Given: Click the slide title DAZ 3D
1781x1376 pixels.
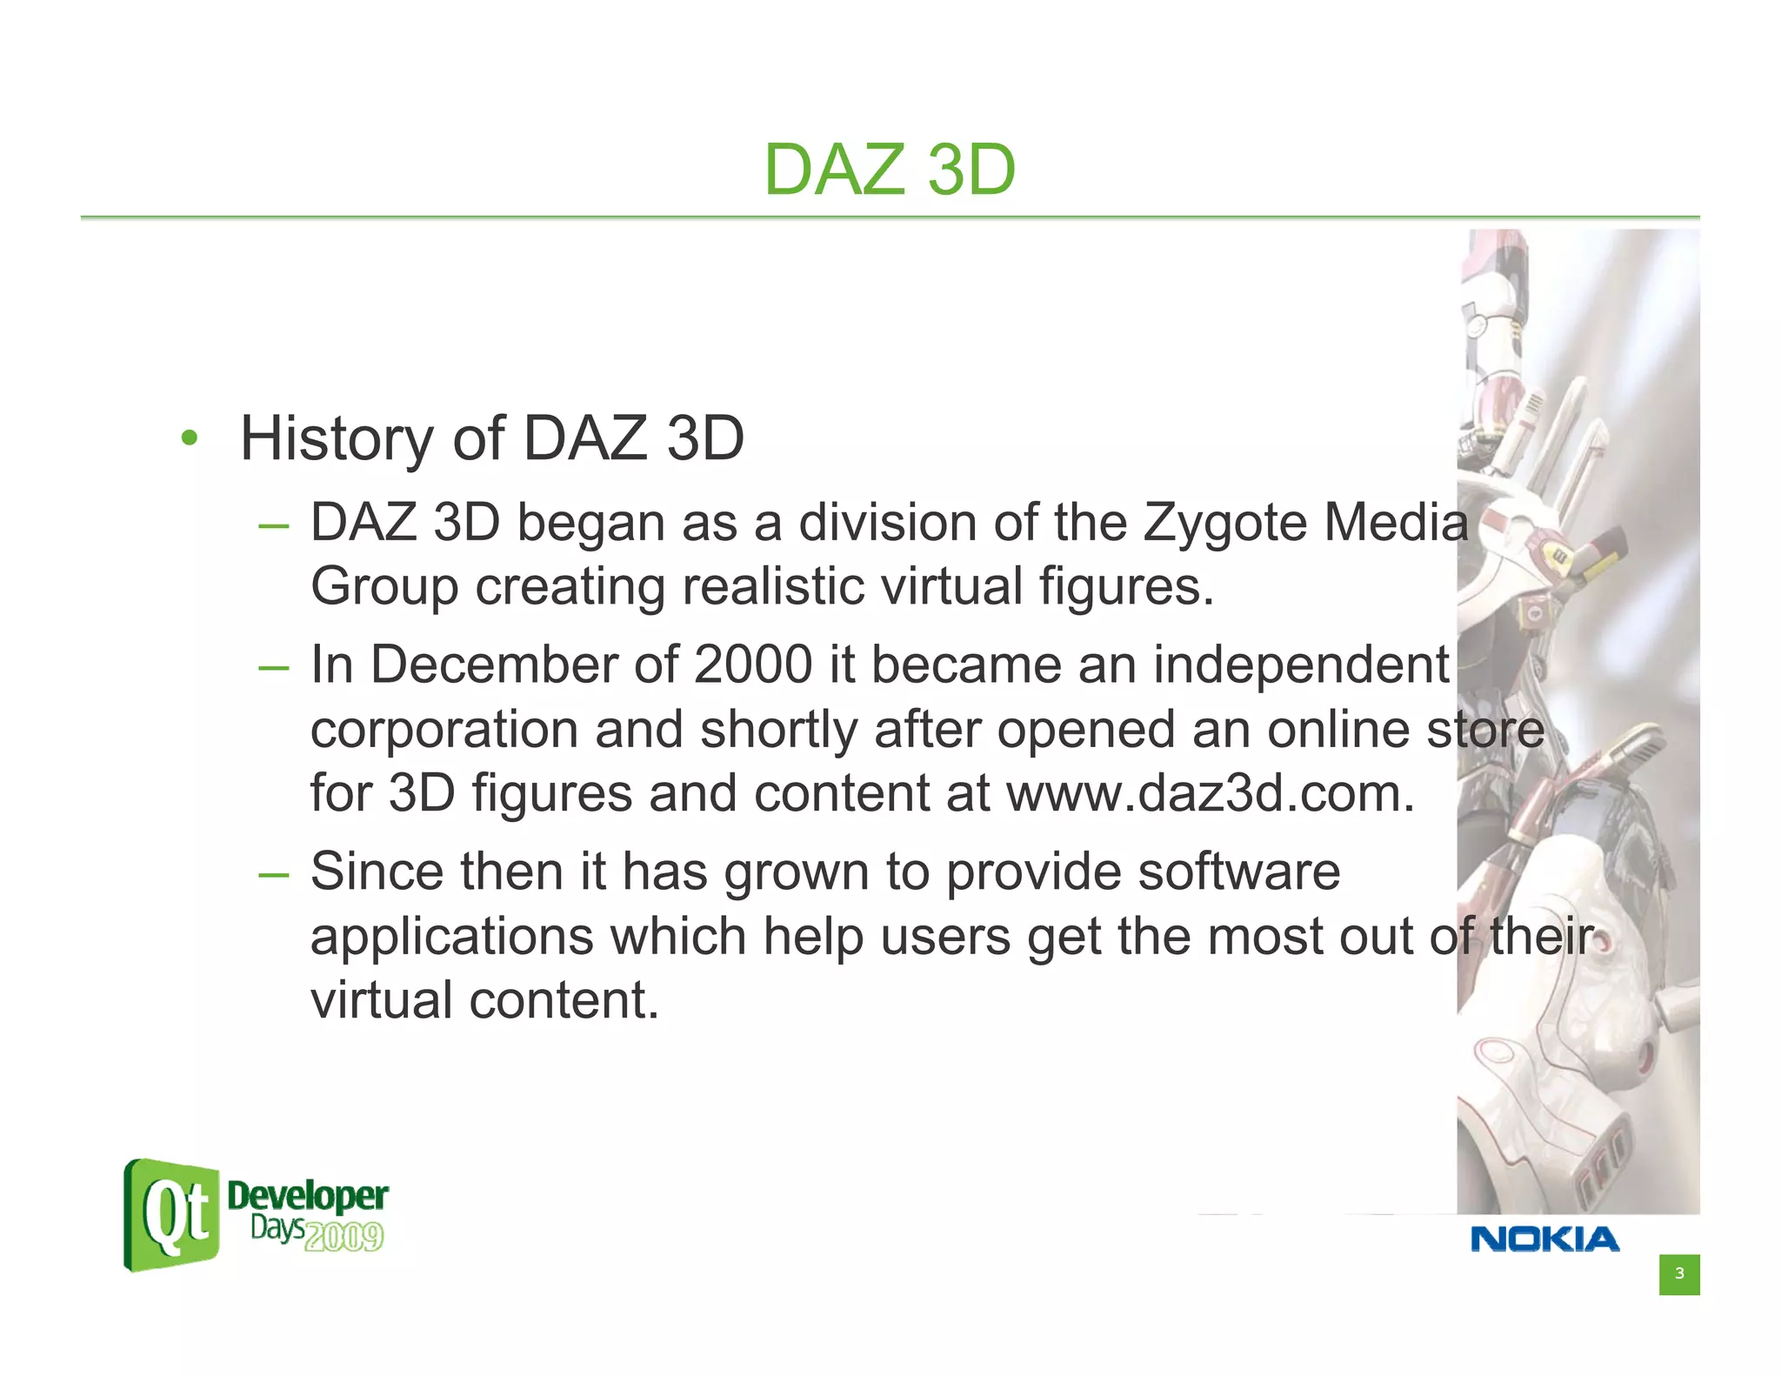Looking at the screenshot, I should [x=890, y=170].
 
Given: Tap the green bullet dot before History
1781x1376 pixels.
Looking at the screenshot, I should [x=190, y=438].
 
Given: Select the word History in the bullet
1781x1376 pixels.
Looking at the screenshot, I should [x=336, y=438].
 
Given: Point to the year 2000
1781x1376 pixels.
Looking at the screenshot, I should [x=753, y=665].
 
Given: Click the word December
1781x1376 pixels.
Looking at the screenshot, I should [x=493, y=665].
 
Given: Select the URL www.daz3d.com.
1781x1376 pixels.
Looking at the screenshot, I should [x=1210, y=793].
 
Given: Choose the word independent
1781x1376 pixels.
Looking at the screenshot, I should [x=1301, y=665].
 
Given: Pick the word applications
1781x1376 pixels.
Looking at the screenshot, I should [x=451, y=938].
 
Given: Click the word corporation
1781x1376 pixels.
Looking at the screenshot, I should [x=444, y=729].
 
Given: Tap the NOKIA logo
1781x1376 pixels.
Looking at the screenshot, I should [x=1544, y=1239].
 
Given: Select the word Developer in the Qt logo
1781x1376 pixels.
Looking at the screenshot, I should [x=307, y=1197].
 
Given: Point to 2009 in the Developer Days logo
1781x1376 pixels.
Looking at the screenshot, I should [x=344, y=1237].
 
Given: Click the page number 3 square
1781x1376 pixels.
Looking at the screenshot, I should [x=1678, y=1274].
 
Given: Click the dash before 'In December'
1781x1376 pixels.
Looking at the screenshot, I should [x=273, y=668].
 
